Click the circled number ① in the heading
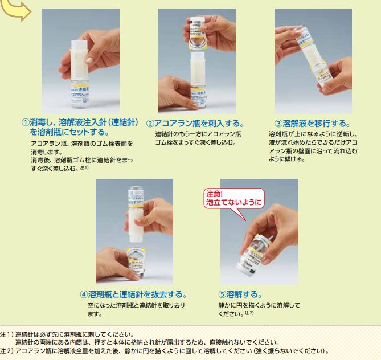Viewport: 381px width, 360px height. pyautogui.click(x=25, y=122)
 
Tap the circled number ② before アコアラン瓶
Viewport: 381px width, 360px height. pyautogui.click(x=150, y=124)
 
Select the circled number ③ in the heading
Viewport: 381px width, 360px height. pyautogui.click(x=278, y=124)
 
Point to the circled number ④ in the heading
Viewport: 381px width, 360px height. pyautogui.click(x=84, y=294)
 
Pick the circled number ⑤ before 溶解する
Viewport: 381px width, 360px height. pyautogui.click(x=222, y=294)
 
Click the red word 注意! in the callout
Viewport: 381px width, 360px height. pyautogui.click(x=214, y=194)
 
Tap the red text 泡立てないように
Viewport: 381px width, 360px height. pyautogui.click(x=235, y=203)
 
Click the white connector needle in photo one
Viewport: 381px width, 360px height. pyautogui.click(x=79, y=60)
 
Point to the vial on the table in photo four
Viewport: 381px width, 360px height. pyautogui.click(x=135, y=262)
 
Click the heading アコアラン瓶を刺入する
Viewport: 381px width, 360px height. pyautogui.click(x=199, y=124)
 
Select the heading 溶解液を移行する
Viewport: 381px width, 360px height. pyautogui.click(x=317, y=124)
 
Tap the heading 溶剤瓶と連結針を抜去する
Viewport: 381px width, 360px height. pyautogui.click(x=137, y=294)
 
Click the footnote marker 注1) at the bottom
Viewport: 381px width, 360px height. pyautogui.click(x=6, y=334)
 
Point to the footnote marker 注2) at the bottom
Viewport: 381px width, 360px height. pyautogui.click(x=6, y=351)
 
